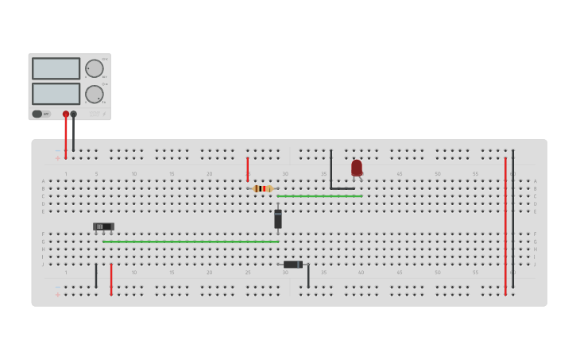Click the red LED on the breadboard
coord(357,168)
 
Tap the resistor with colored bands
coord(262,188)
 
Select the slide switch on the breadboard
coord(103,226)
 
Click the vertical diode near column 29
coord(278,219)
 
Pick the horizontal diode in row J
coord(292,265)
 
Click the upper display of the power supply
coord(56,68)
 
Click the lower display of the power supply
coord(56,94)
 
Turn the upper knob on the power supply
coord(95,68)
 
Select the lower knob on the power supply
coord(95,95)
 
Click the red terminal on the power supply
coord(66,114)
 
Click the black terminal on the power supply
coord(74,114)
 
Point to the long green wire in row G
coord(191,242)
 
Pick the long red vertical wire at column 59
coord(505,226)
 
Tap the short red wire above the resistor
coord(248,168)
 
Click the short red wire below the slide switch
coord(111,279)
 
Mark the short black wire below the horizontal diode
coord(308,276)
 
